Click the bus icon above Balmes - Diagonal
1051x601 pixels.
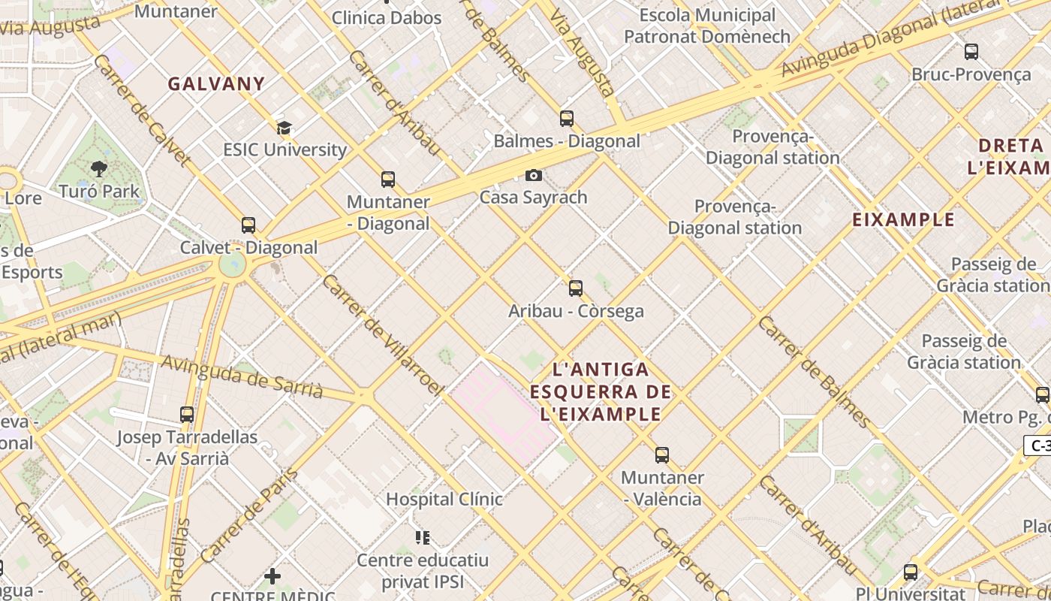(x=567, y=119)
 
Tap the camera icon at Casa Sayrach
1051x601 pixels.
(x=534, y=176)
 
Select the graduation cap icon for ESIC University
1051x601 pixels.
(x=284, y=128)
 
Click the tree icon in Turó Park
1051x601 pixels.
(x=98, y=168)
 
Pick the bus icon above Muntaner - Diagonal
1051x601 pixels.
(x=388, y=180)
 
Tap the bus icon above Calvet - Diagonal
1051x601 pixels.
(x=248, y=225)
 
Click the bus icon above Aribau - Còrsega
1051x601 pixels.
(x=576, y=288)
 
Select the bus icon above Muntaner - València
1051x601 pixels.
(x=662, y=455)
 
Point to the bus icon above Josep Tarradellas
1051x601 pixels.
(x=187, y=415)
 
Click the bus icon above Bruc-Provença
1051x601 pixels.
(x=971, y=52)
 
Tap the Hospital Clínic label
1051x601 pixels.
(x=444, y=499)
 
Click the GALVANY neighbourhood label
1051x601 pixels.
(x=216, y=83)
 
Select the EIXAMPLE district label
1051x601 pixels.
(x=904, y=220)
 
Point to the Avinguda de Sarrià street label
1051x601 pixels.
(x=242, y=377)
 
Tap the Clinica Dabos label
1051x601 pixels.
(x=387, y=18)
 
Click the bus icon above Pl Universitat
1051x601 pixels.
(x=911, y=572)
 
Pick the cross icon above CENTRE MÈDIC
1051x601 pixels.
(x=273, y=577)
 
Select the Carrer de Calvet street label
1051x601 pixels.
(x=140, y=109)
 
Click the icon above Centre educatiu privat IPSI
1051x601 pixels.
(x=423, y=537)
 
